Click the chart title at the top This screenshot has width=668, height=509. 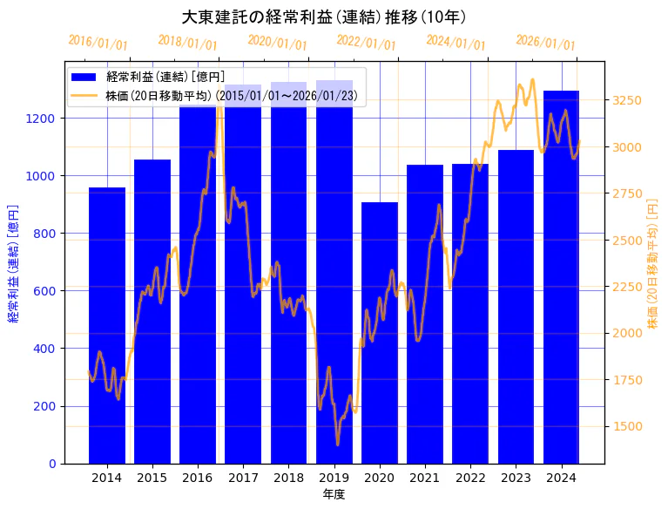tap(324, 17)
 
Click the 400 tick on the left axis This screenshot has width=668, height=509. tap(47, 349)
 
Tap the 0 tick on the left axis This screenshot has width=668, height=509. tap(54, 464)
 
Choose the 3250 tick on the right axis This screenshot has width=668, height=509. tap(627, 100)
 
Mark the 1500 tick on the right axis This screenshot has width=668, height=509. tap(627, 426)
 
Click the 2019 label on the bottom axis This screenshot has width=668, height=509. tap(334, 478)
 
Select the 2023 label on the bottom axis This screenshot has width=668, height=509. tap(516, 478)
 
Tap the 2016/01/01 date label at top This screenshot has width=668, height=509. tap(98, 43)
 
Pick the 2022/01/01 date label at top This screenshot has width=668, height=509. tap(366, 43)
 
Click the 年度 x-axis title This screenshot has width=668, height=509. tap(334, 494)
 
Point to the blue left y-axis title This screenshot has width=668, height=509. tap(13, 262)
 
